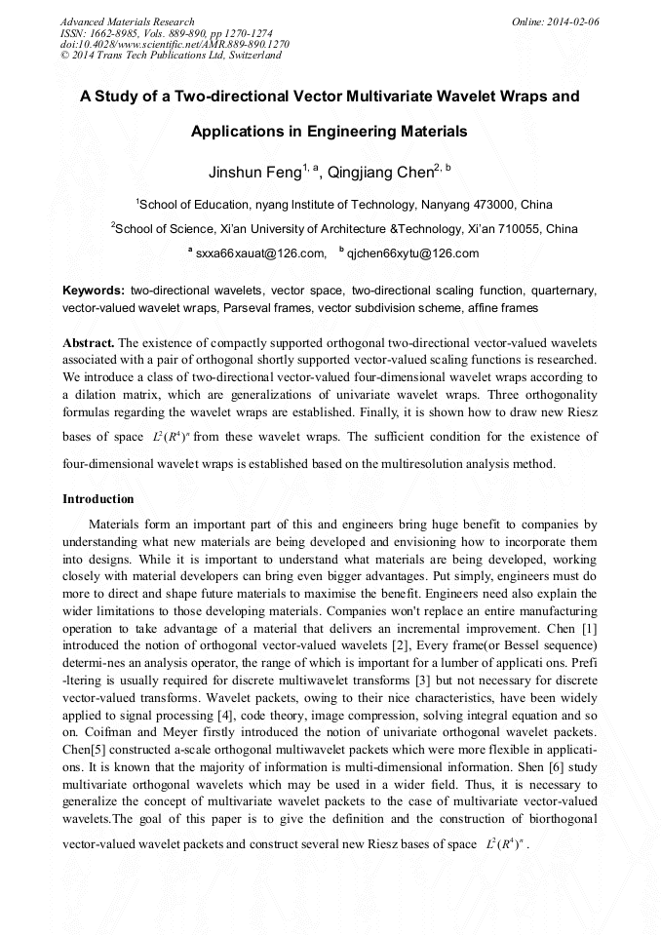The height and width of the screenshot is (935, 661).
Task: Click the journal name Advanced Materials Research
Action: pos(127,20)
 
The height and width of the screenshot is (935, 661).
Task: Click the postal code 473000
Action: pos(491,205)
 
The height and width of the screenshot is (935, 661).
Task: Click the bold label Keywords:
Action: pos(93,291)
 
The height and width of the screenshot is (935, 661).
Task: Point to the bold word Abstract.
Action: pos(89,343)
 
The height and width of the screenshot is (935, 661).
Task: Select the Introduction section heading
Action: pos(97,499)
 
